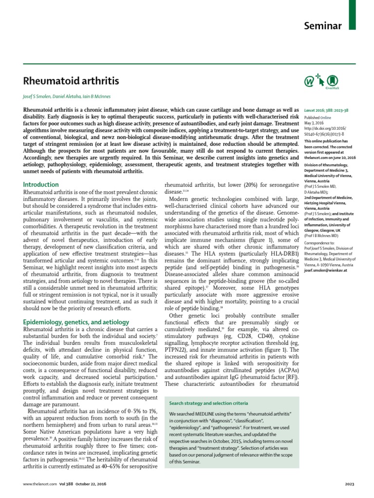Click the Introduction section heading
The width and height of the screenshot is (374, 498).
point(41,185)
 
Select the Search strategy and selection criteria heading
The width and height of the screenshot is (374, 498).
point(208,403)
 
